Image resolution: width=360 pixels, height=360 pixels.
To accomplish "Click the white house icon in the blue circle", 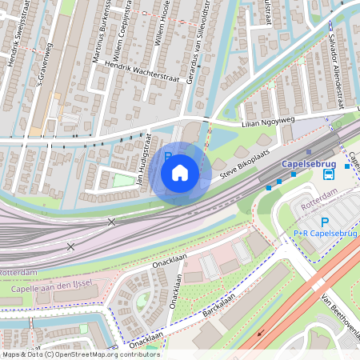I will (180, 172).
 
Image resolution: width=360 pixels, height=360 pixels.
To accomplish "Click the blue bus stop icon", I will (328, 174).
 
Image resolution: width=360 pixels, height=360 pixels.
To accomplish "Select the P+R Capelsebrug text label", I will (323, 234).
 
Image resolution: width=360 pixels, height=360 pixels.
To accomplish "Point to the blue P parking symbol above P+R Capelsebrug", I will (324, 222).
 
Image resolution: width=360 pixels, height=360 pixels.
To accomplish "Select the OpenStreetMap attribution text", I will (80, 354).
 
